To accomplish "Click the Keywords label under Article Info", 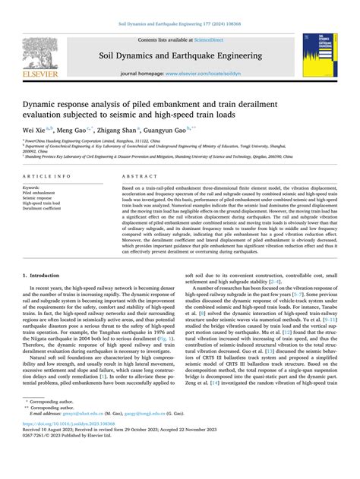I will click(32, 187).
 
